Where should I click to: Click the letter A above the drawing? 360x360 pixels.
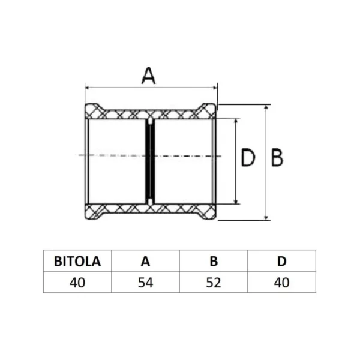pos(149,76)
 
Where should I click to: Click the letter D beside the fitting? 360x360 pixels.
pos(248,157)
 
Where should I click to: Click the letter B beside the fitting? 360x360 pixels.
pos(277,158)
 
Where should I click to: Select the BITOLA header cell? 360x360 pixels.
pos(77,261)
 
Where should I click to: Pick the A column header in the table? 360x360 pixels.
pos(145,261)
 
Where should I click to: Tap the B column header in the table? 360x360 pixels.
pos(214,261)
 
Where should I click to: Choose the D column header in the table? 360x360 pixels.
pos(282,261)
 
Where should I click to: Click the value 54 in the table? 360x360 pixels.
pos(145,283)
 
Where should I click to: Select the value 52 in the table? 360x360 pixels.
pos(214,283)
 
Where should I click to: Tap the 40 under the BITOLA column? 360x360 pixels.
pos(77,283)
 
